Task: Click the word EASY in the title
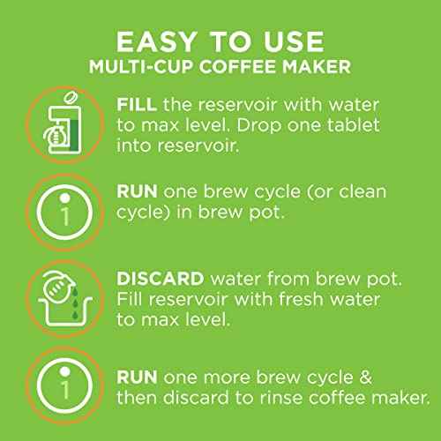[157, 41]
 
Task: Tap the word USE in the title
[294, 41]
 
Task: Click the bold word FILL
[137, 105]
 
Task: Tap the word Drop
[259, 126]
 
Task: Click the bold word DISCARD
[161, 279]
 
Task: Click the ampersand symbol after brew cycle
[365, 377]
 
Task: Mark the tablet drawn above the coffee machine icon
[71, 98]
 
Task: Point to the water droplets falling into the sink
[75, 303]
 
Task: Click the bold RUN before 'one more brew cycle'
[137, 377]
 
